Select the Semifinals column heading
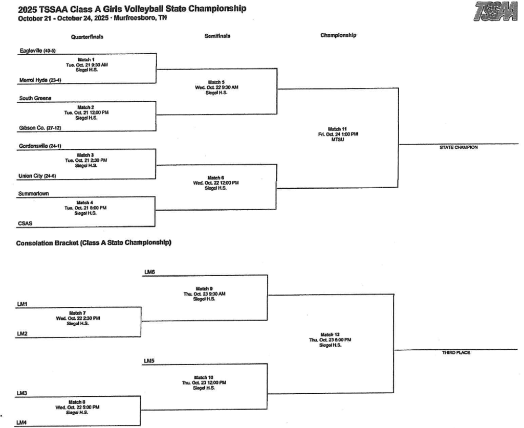[217, 36]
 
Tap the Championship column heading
[338, 35]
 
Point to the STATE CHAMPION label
[458, 147]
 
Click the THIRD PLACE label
[456, 353]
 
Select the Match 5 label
[215, 82]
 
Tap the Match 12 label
[330, 334]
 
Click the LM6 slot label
[149, 272]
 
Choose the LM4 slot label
[21, 422]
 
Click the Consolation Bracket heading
[94, 242]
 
